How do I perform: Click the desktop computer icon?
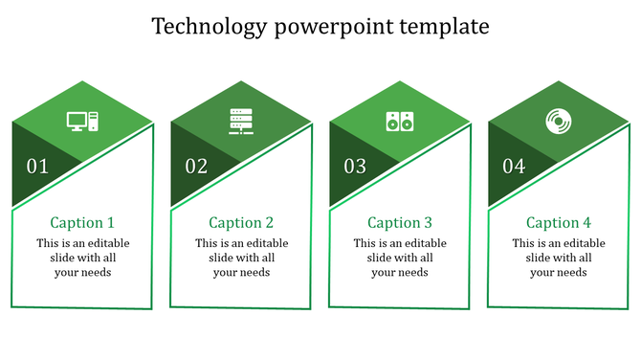(82, 122)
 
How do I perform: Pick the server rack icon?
(241, 122)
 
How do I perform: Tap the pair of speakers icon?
(400, 122)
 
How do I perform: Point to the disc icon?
(558, 122)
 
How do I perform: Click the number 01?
(37, 167)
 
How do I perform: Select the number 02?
(196, 167)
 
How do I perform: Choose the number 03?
(355, 167)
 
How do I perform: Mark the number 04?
(514, 167)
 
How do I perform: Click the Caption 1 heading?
(82, 222)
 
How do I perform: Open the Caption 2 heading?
(241, 222)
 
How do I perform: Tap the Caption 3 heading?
(400, 222)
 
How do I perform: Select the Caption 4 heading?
(559, 222)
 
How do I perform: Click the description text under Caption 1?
(82, 258)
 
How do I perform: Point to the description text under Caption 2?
(241, 258)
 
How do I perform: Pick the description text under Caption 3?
(400, 258)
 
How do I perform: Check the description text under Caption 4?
(559, 258)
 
